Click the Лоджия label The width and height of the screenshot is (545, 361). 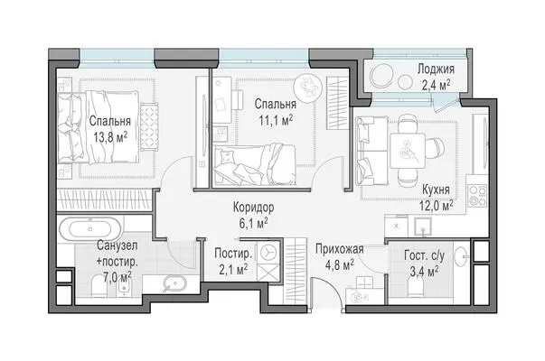[x=436, y=69]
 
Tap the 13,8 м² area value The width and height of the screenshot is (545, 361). [x=110, y=137]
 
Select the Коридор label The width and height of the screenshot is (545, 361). [x=253, y=208]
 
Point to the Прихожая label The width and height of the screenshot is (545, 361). [x=340, y=249]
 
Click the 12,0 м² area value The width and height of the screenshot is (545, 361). [x=436, y=206]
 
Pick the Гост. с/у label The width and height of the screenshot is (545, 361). [x=424, y=256]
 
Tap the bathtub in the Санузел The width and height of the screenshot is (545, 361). [x=90, y=229]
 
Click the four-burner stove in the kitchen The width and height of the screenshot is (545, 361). [x=477, y=196]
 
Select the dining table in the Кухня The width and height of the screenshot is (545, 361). [x=408, y=151]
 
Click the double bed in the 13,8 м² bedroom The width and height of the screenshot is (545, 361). [x=98, y=127]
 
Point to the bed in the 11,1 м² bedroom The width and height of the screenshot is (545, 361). [x=255, y=164]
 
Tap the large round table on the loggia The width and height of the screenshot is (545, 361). [x=381, y=76]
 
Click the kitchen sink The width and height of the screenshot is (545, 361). [x=423, y=227]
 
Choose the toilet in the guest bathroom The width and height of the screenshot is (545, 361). [x=415, y=289]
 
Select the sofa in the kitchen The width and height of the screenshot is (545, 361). [x=371, y=151]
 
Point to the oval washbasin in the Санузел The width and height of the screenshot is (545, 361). [x=174, y=284]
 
